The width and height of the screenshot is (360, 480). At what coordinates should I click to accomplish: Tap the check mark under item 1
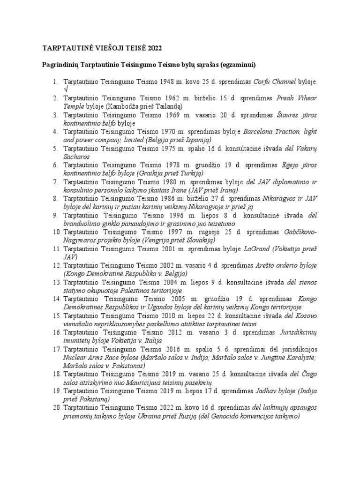65,89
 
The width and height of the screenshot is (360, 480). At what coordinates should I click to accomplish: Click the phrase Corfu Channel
274,81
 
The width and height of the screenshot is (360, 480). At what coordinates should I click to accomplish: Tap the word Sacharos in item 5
76,157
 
